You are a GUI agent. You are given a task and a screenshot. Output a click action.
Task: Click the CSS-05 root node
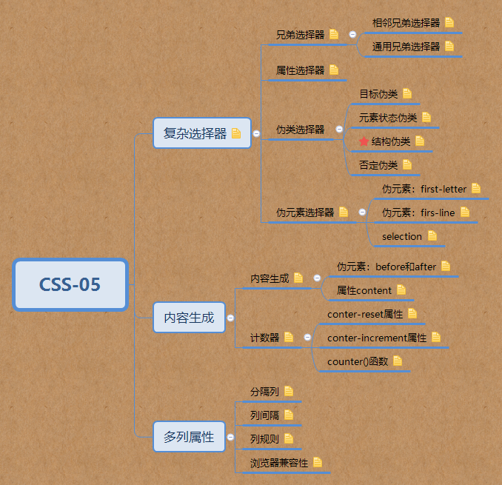(x=70, y=284)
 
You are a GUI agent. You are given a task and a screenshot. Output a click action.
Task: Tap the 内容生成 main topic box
(x=189, y=318)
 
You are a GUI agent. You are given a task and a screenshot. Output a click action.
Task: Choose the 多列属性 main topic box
(x=189, y=437)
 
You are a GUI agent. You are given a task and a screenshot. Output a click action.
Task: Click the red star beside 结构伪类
(x=364, y=141)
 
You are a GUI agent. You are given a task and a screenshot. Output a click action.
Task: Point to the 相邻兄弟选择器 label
(x=406, y=23)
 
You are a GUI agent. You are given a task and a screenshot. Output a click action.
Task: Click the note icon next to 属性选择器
(x=334, y=70)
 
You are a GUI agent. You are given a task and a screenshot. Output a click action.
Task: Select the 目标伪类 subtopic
(x=378, y=94)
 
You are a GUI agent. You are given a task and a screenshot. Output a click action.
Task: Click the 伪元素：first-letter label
(x=424, y=189)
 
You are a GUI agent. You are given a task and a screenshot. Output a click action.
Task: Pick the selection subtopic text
(x=402, y=236)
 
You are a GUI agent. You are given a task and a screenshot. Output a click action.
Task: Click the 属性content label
(x=364, y=290)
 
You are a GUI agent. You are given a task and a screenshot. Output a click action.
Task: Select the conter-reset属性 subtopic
(x=365, y=314)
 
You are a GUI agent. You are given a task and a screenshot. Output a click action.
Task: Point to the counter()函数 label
(x=358, y=361)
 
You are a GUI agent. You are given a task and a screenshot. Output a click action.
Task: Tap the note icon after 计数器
(x=289, y=338)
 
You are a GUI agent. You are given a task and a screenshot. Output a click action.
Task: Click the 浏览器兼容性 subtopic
(x=279, y=463)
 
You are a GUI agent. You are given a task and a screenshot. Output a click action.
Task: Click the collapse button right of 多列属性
(x=230, y=437)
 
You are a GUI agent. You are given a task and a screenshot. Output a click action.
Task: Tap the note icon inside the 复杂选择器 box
(x=236, y=134)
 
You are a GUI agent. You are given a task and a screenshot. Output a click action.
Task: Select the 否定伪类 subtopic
(x=378, y=165)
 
